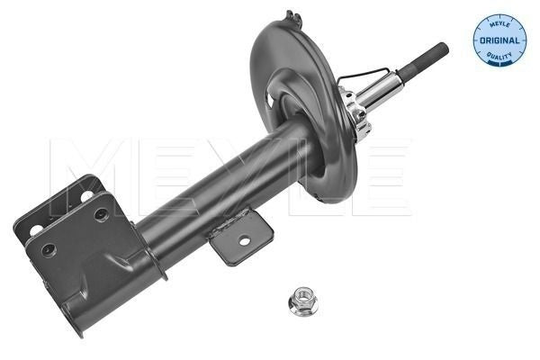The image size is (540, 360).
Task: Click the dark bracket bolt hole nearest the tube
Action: click(101, 214)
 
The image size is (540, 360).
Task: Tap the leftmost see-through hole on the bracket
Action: click(36, 229)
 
